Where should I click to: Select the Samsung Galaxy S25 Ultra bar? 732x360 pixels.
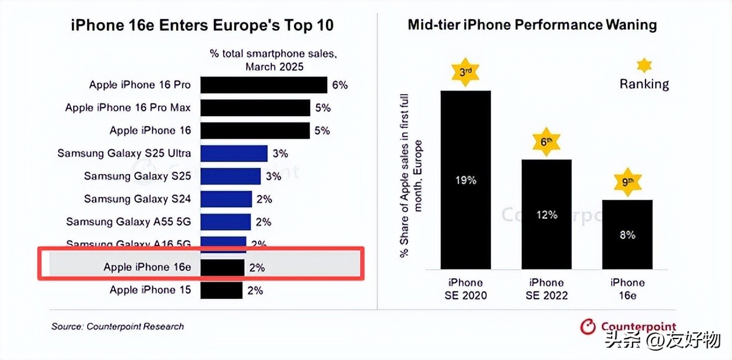(234, 154)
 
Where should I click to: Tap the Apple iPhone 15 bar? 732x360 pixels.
(221, 290)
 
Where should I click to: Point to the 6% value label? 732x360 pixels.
(340, 85)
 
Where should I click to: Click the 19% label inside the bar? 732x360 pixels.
(465, 180)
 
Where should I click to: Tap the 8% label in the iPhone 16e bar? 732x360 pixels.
(627, 235)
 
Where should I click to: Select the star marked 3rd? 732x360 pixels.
(465, 73)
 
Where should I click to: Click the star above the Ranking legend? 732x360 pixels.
(644, 64)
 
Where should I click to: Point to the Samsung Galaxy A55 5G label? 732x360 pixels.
(128, 222)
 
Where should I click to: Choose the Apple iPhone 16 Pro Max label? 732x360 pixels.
(128, 108)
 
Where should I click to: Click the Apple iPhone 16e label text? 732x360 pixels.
(147, 267)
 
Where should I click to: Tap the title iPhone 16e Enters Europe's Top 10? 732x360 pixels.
(202, 26)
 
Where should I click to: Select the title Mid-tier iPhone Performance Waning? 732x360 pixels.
(532, 24)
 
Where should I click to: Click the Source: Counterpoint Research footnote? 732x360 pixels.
(117, 326)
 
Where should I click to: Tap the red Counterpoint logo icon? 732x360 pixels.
(589, 327)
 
